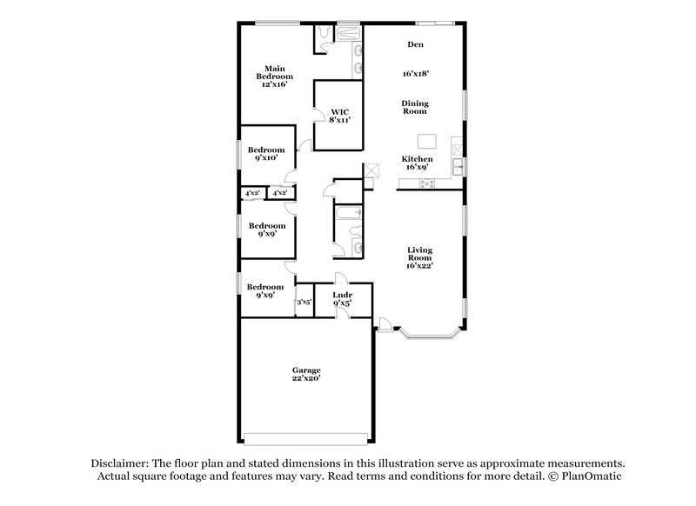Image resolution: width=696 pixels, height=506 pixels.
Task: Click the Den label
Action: pos(415,44)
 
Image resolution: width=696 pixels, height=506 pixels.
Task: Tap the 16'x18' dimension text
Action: pos(415,75)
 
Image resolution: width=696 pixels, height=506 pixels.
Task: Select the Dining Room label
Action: pos(415,108)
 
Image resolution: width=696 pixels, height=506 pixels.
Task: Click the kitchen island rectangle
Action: pos(425,141)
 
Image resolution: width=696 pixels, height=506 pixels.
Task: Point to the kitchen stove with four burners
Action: pos(427,183)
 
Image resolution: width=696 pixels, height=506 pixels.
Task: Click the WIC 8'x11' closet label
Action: pos(339,116)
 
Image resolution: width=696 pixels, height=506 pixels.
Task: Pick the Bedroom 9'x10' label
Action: pos(266,154)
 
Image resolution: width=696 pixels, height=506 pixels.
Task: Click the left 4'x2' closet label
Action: pos(253,193)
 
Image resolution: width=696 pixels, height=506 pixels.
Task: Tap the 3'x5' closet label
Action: pos(304,302)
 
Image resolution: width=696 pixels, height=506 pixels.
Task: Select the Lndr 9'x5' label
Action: pos(342,298)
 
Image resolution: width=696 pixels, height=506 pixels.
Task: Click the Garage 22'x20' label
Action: pos(306,374)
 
